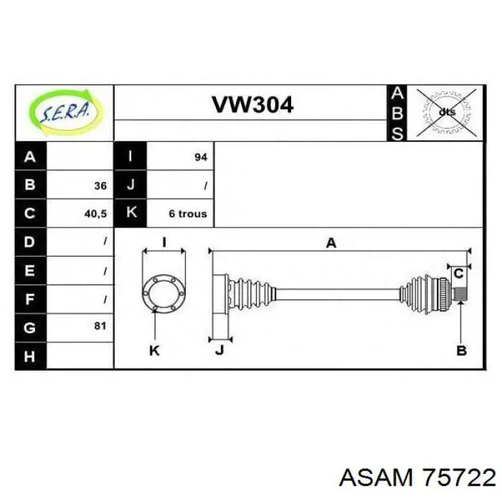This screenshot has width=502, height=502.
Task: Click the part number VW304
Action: [x=252, y=105]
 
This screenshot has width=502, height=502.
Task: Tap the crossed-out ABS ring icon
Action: [x=446, y=113]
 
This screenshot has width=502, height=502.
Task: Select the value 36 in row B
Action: [x=100, y=186]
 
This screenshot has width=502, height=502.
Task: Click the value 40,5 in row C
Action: [x=95, y=214]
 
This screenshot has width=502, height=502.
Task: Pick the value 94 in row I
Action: [x=201, y=157]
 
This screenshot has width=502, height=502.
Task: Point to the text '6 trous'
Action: [x=188, y=214]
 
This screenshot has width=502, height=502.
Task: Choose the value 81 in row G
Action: [x=100, y=326]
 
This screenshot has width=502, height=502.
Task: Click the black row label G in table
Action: [x=30, y=328]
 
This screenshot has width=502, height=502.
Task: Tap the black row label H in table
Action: [x=30, y=356]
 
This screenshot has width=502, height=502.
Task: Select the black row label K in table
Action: [x=131, y=213]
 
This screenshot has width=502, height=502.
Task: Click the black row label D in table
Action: [x=30, y=242]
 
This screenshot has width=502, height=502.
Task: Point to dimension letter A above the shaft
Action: [x=331, y=243]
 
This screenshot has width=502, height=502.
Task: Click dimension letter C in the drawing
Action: [x=459, y=274]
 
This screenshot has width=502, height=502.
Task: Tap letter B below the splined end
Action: [x=461, y=351]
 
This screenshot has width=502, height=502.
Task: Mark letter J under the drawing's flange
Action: [x=219, y=350]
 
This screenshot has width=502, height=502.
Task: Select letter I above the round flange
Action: [x=164, y=242]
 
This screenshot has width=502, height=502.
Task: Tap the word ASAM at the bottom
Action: [x=376, y=478]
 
